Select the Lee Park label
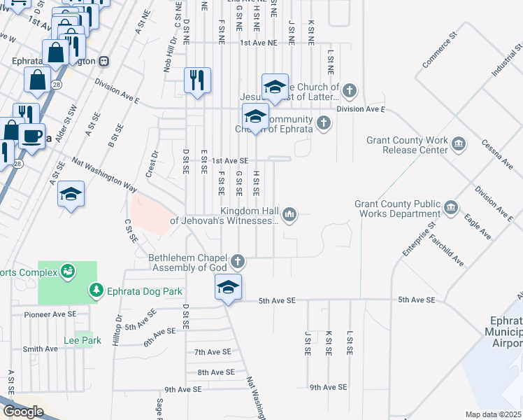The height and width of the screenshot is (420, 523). pos(83,340)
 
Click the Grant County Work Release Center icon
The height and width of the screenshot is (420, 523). pos(459,145)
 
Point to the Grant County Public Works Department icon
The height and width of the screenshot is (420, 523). pos(451,208)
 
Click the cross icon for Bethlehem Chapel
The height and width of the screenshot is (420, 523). pos(238,262)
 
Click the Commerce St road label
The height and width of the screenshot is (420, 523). pos(439,49)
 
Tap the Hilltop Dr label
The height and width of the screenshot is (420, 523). pos(117,328)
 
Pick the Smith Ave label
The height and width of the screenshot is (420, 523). pos(40,349)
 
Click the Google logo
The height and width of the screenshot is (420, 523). pos(23,412)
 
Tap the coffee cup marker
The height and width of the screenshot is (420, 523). pos(31,136)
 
